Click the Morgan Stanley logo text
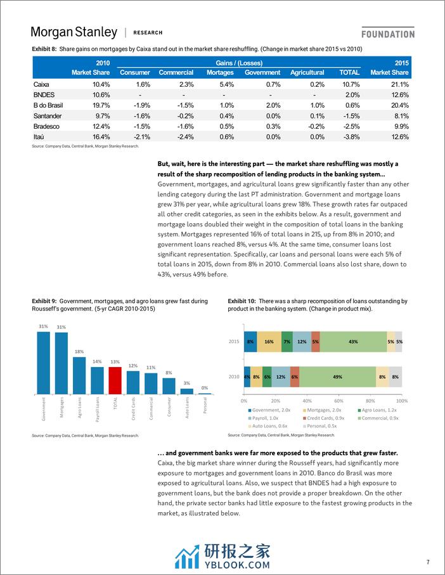click(x=74, y=32)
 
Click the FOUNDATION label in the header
click(x=388, y=34)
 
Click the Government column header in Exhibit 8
click(x=262, y=73)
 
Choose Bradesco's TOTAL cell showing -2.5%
click(x=350, y=126)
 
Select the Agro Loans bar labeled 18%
click(x=79, y=375)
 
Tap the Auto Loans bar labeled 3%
click(x=186, y=390)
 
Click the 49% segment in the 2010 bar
click(x=337, y=377)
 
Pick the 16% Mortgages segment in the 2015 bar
click(x=269, y=341)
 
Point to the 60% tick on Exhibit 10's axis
click(x=339, y=401)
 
